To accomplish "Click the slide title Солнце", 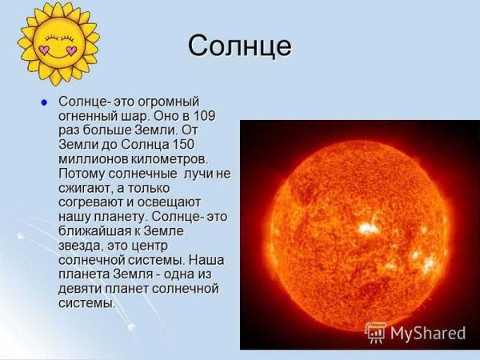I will click(239, 46).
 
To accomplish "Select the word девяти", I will click(82, 288).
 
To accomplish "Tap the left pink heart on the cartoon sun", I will click(45, 50).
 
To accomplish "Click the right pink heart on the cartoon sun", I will click(71, 50).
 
